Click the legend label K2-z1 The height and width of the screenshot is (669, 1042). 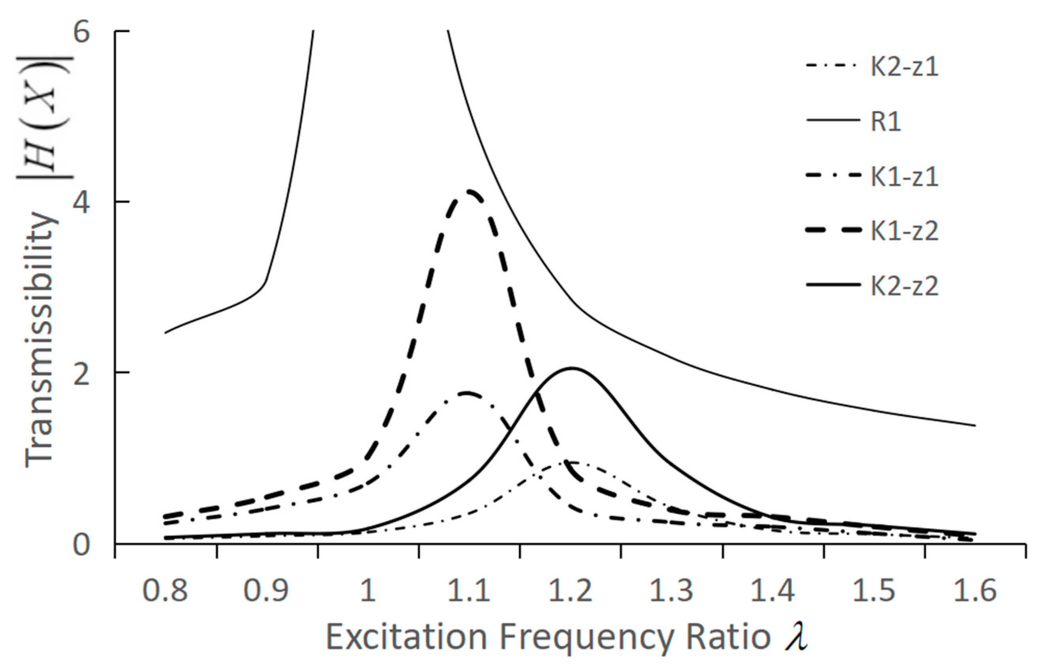coord(904,68)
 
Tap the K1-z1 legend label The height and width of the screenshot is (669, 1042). coord(904,177)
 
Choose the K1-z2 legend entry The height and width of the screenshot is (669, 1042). coord(904,231)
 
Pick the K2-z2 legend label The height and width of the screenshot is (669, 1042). coord(904,286)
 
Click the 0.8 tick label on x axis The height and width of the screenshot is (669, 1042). coord(165,591)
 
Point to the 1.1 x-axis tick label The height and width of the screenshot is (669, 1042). coord(469,591)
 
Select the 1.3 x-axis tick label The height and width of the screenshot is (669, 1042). coord(671,591)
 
